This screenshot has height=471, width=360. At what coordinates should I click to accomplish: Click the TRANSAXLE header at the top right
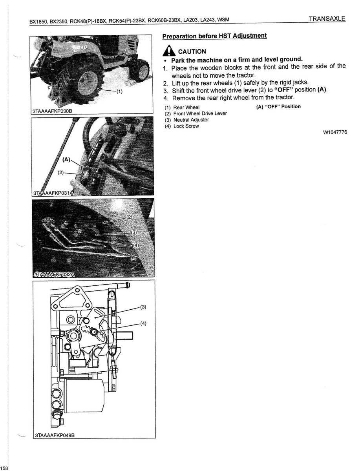[327, 18]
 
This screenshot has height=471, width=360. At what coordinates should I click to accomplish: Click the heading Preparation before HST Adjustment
[214, 36]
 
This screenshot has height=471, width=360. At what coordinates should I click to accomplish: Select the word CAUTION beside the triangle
[192, 51]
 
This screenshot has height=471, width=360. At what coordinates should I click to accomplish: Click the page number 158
[5, 467]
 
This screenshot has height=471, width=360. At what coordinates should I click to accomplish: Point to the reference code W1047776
[335, 132]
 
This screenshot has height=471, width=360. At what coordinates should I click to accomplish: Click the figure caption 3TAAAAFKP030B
[52, 111]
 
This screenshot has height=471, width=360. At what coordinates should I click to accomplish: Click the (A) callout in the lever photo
[66, 160]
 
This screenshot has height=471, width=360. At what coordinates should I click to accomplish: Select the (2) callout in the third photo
[130, 217]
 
